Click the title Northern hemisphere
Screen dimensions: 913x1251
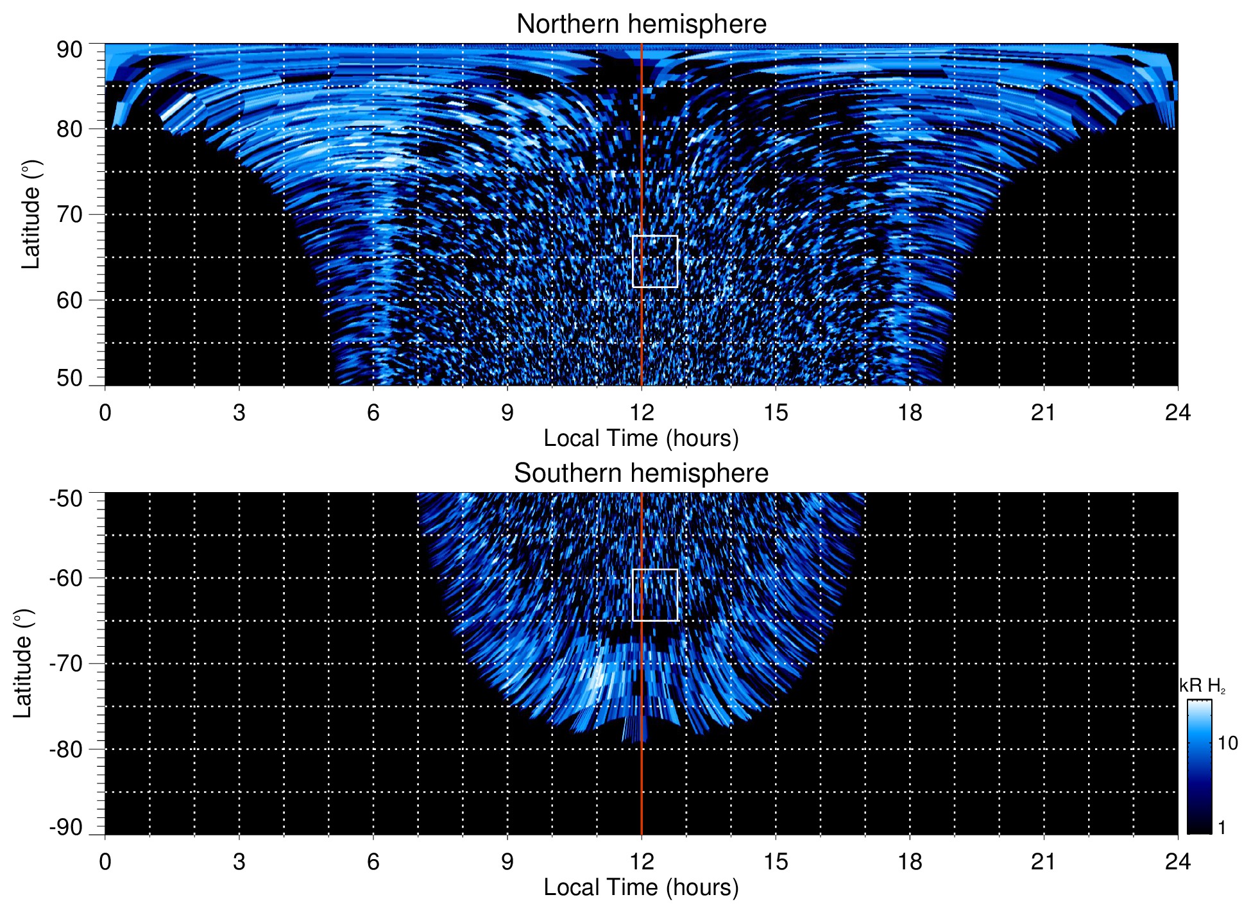(x=641, y=24)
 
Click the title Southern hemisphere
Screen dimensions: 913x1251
(x=641, y=474)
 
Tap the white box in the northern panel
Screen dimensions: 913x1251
(x=655, y=262)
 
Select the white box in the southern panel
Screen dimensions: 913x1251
(x=655, y=595)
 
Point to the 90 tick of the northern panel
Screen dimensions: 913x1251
(x=69, y=50)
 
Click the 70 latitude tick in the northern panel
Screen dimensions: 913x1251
(x=69, y=214)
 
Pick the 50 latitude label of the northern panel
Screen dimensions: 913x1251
(x=69, y=379)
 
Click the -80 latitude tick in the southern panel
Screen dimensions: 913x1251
(x=65, y=749)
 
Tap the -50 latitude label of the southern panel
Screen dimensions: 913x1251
(x=65, y=499)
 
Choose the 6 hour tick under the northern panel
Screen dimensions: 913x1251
(x=373, y=413)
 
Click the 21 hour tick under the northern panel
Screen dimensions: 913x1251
(x=1044, y=413)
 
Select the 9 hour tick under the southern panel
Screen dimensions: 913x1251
(x=507, y=862)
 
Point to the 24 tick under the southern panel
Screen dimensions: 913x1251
(x=1178, y=862)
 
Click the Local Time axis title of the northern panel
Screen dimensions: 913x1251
(x=641, y=439)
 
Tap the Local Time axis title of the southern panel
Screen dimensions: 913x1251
(x=641, y=888)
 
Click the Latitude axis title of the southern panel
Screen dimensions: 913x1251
(x=23, y=663)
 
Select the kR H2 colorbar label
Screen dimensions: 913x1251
(x=1202, y=686)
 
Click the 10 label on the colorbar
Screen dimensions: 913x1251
(x=1227, y=744)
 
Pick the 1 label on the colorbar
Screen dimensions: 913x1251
(x=1221, y=828)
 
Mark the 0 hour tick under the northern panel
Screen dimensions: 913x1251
(x=105, y=413)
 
